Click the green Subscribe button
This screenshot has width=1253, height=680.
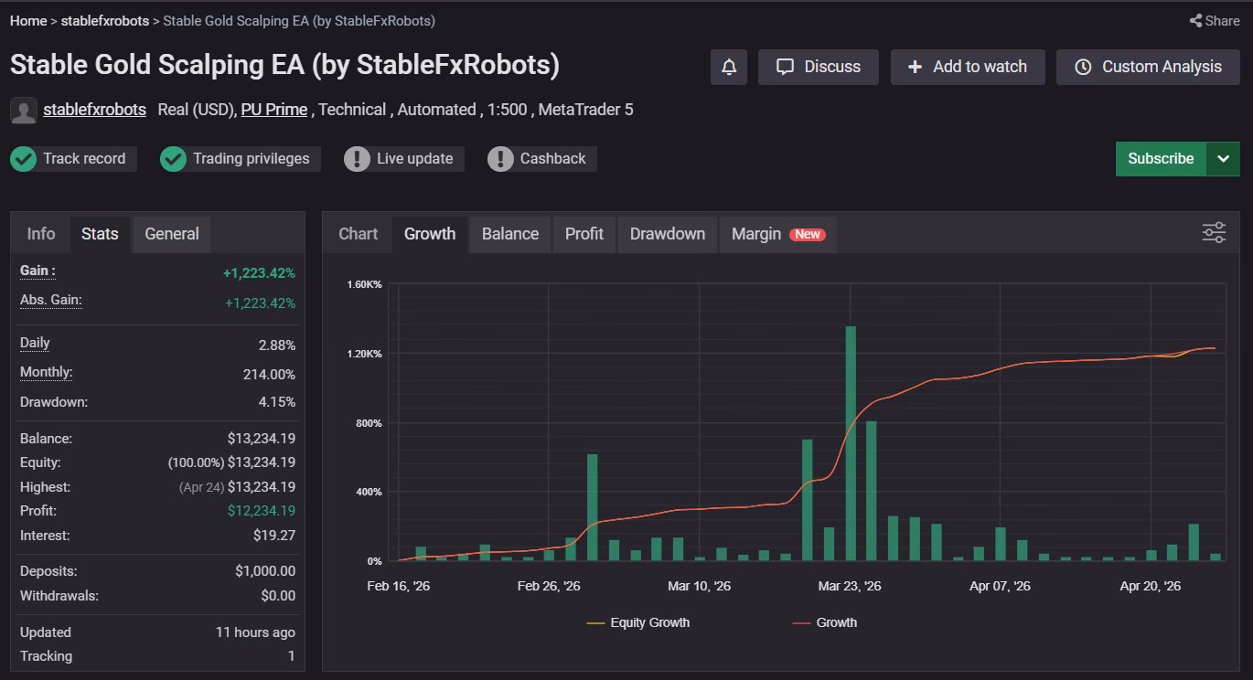1161,159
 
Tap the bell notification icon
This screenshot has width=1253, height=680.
728,67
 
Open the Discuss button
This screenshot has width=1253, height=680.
818,67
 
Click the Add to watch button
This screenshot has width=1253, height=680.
967,67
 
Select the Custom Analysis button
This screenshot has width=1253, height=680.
1148,67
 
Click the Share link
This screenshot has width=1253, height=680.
1215,21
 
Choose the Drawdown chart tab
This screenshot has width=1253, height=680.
668,234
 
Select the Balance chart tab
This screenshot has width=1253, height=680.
510,234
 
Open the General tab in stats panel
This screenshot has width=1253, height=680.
172,234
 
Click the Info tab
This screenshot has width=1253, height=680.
41,234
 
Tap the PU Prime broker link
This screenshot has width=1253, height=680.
274,110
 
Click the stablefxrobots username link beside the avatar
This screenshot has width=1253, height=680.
94,110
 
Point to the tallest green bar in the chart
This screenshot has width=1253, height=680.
851,443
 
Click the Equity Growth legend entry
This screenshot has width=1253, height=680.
637,622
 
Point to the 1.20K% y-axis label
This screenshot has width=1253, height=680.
364,354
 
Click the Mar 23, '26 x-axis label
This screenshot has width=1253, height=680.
849,586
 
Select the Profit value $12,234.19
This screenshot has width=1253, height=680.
262,511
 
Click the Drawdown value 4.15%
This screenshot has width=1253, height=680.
277,402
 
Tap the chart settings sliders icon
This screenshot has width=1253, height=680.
1214,233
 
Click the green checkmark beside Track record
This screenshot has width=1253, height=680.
24,159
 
